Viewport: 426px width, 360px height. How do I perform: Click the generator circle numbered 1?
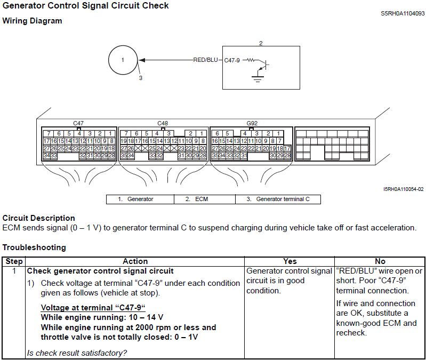point(123,60)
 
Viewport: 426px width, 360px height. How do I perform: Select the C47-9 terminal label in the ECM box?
point(232,60)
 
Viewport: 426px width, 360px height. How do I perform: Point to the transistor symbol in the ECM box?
point(263,65)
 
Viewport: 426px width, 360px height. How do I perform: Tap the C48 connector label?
point(163,123)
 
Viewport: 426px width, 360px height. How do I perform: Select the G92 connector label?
point(252,123)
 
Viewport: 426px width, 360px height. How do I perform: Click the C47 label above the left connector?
point(78,123)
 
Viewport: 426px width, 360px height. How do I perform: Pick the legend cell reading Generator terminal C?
point(278,199)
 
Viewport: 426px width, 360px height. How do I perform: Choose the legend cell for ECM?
point(205,199)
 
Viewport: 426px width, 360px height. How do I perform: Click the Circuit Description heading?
point(39,218)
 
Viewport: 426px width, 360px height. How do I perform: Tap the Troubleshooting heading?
point(34,247)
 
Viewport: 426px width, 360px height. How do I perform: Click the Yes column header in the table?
point(290,261)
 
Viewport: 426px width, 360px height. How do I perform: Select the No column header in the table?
point(380,261)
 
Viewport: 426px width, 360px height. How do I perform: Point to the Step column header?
point(14,261)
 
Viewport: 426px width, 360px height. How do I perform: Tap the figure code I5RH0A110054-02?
point(403,189)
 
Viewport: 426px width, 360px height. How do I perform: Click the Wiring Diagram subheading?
point(32,21)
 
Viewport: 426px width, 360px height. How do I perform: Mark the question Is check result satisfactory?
point(77,353)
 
